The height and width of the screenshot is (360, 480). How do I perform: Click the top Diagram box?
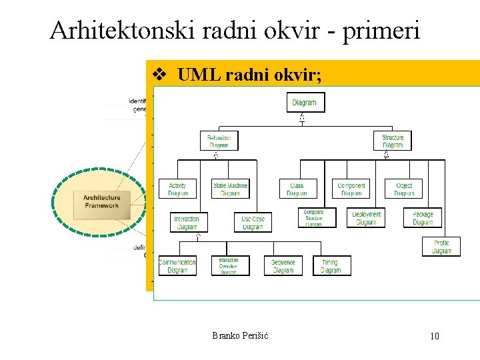coord(304,103)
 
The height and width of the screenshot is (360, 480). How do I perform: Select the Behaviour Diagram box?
coord(218,141)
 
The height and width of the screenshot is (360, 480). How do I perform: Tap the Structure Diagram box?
coord(393,141)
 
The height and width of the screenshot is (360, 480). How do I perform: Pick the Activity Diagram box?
coord(177,189)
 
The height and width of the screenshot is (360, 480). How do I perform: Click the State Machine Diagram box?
coord(230,189)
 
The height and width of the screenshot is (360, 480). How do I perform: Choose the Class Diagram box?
coord(297,189)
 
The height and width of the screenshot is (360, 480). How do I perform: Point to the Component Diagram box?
coord(351,189)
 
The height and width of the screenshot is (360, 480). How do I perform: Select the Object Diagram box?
coord(404,189)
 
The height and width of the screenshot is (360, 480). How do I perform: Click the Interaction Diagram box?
coord(187,222)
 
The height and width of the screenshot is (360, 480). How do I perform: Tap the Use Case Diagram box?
coord(253,222)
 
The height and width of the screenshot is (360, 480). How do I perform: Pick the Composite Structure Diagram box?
coord(313,217)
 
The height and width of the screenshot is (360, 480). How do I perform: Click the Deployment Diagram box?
coord(366,217)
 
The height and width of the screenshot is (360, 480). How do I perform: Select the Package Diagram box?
coord(423,217)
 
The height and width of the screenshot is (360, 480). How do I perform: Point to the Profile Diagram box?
coord(441,247)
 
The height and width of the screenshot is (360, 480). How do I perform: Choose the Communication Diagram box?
coord(177,265)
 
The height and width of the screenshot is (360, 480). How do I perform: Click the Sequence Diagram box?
coord(283,265)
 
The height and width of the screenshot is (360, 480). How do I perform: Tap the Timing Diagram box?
coord(331,265)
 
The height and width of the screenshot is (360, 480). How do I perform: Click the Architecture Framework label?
coord(101,201)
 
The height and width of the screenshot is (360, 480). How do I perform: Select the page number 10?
coord(434,336)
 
